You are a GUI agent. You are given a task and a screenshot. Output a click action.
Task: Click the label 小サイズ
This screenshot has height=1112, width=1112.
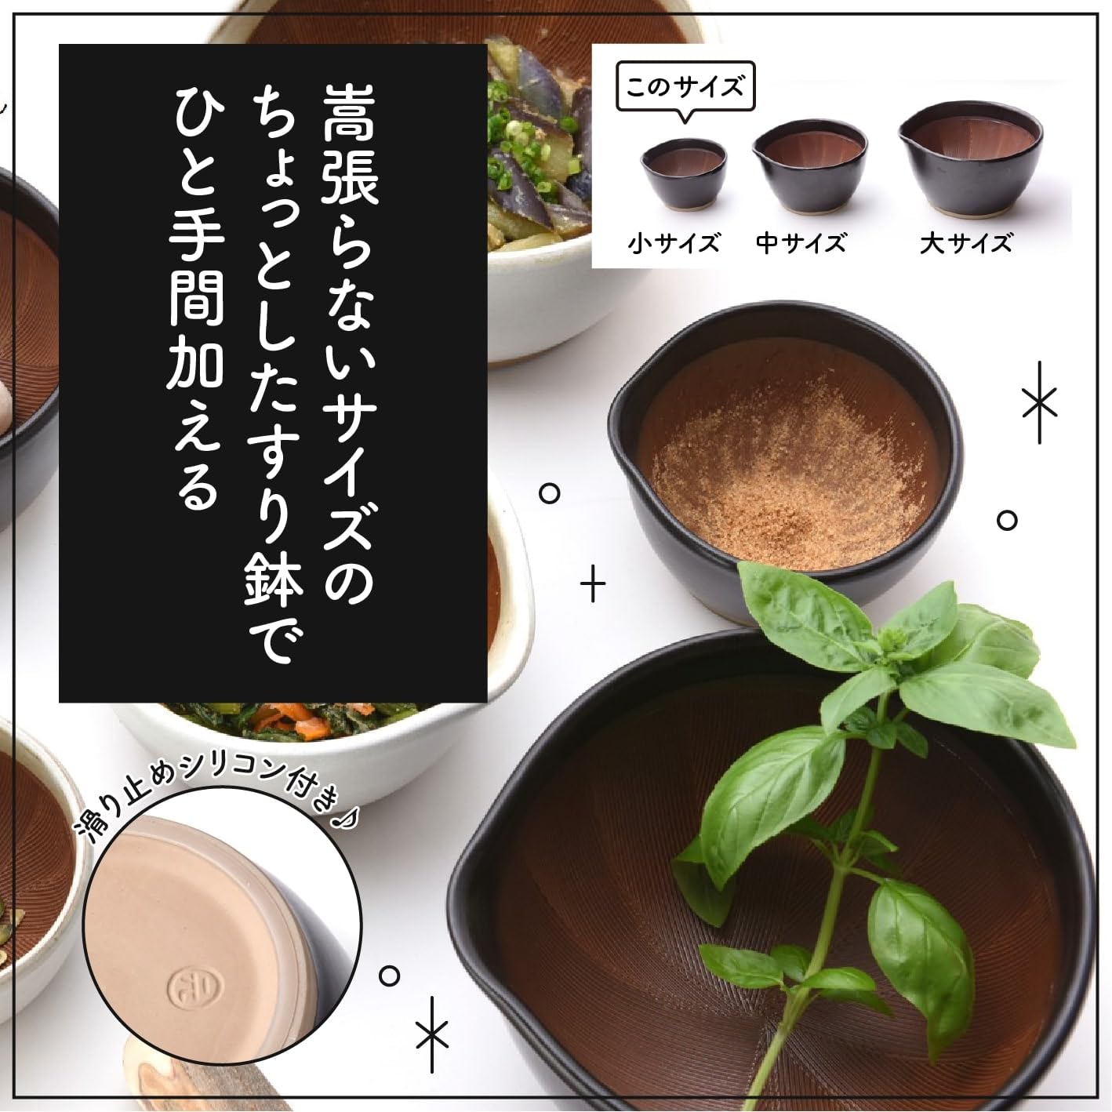674,243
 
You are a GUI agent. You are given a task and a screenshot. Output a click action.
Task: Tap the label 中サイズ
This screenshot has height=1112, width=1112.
801,243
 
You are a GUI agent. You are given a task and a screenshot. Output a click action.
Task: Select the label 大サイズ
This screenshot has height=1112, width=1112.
965,243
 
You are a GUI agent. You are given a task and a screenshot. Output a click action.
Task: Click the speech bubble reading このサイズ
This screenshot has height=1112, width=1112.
685,89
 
